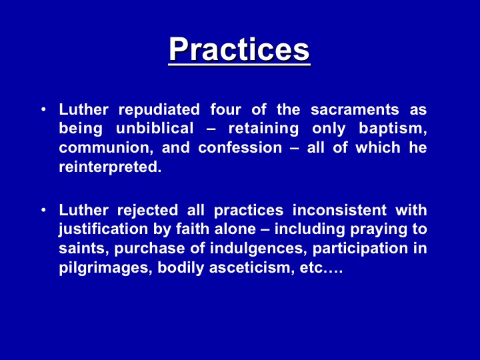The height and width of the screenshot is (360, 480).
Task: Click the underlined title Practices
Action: pyautogui.click(x=239, y=49)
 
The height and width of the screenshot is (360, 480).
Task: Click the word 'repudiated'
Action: pyautogui.click(x=159, y=110)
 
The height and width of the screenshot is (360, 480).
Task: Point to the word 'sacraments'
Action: pyautogui.click(x=355, y=109)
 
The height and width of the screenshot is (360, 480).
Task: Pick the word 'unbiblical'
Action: pyautogui.click(x=155, y=128)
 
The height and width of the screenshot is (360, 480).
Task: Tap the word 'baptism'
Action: pyautogui.click(x=393, y=129)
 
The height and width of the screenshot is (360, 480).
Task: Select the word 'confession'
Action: pyautogui.click(x=240, y=147)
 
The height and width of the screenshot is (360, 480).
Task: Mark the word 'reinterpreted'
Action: pyautogui.click(x=109, y=167)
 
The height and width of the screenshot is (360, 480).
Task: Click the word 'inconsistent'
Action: pyautogui.click(x=339, y=210)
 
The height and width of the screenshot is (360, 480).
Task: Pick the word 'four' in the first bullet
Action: pyautogui.click(x=225, y=109)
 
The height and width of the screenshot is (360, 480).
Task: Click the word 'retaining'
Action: pyautogui.click(x=263, y=129)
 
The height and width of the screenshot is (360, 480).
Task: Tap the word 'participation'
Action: pyautogui.click(x=360, y=249)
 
